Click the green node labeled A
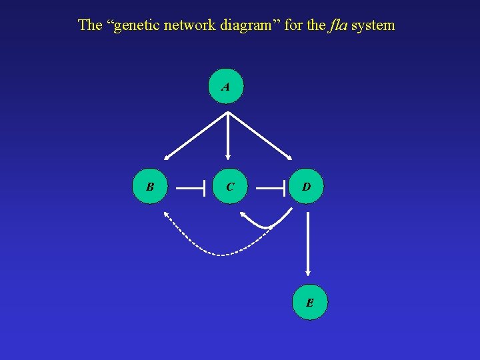(226, 87)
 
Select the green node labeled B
(150, 187)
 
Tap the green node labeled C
(229, 187)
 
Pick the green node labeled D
(306, 187)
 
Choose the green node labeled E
(310, 303)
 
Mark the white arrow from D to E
(307, 243)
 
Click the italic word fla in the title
(337, 25)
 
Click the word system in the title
(373, 25)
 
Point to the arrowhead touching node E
(307, 272)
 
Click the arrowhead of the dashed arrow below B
(166, 215)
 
